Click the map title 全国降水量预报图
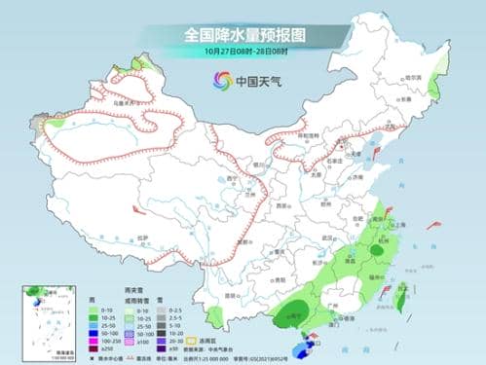coord(243,35)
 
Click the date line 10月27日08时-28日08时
coord(243,52)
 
